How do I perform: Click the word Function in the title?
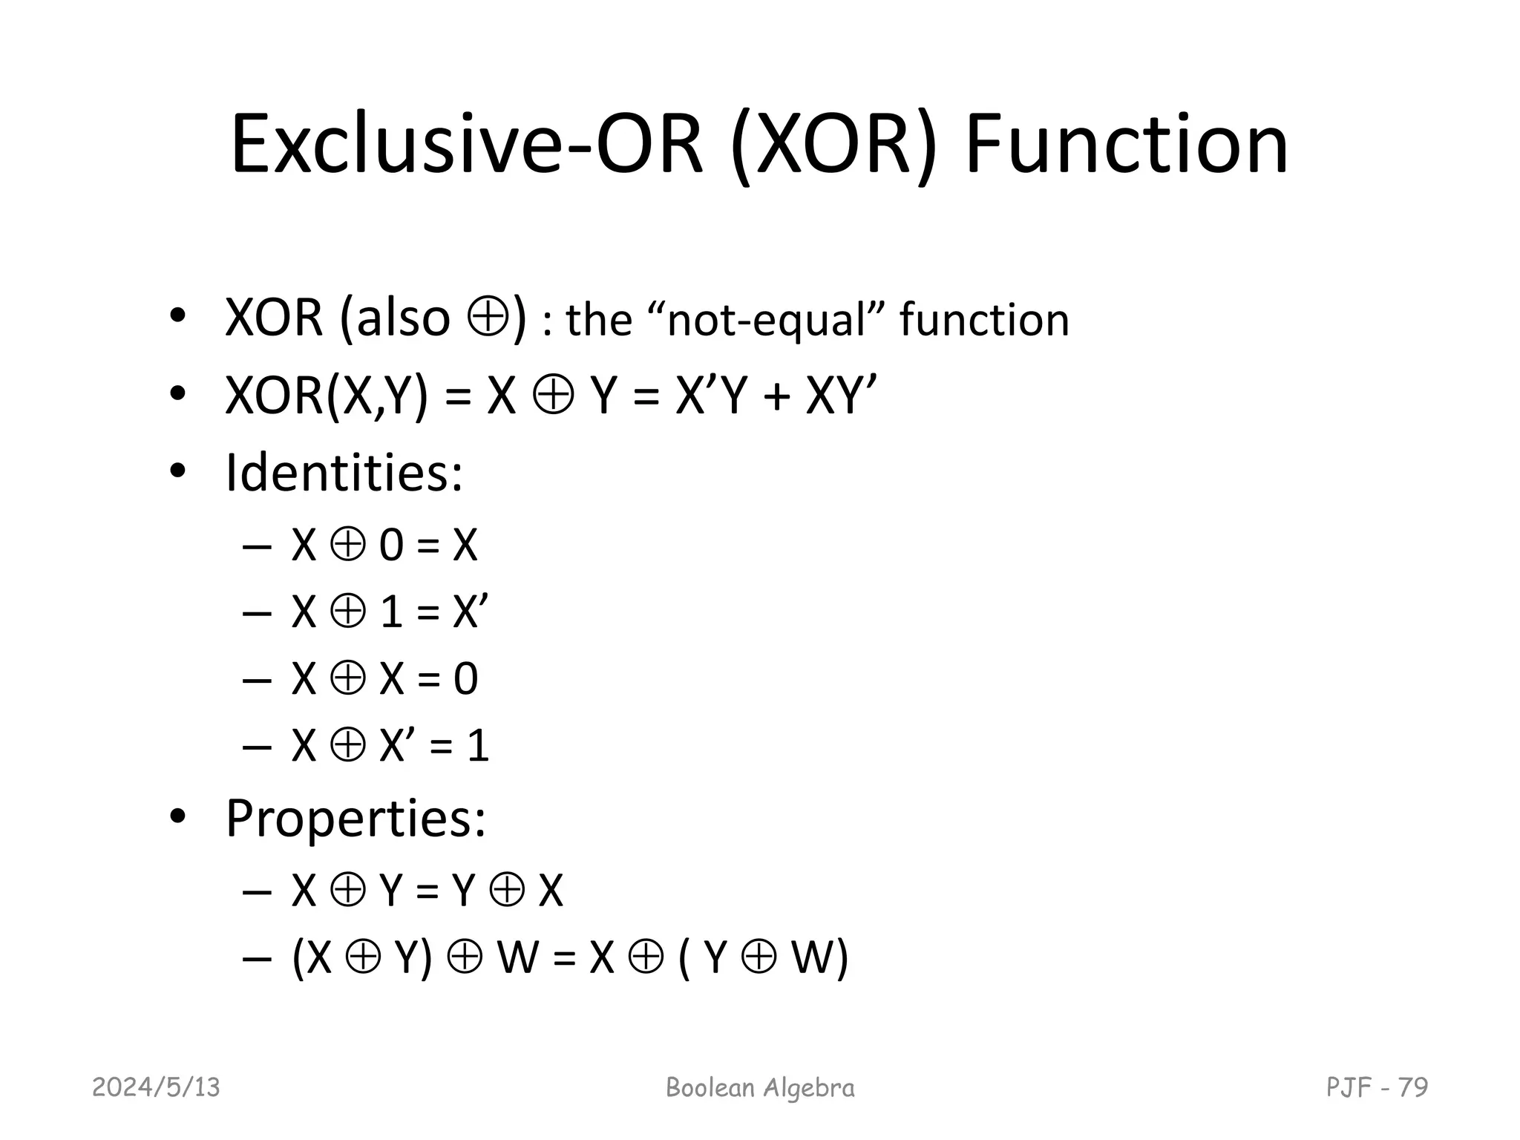tap(1126, 145)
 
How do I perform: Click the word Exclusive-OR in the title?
tap(467, 145)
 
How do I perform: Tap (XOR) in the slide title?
tap(834, 145)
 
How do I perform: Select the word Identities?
tap(344, 472)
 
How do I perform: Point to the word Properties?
tap(356, 818)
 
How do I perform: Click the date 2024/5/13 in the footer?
tap(156, 1087)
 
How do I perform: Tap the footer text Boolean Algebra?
tap(760, 1087)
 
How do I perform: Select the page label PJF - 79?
tap(1377, 1087)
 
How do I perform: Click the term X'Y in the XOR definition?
tap(710, 396)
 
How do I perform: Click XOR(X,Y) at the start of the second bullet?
tap(327, 396)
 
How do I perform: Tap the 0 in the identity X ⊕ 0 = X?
tap(391, 546)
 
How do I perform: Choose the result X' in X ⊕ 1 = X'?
tap(470, 612)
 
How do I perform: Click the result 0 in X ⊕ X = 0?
tap(465, 679)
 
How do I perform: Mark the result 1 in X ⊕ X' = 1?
tap(478, 746)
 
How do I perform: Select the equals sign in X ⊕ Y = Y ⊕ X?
tap(427, 891)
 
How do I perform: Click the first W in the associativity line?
tap(517, 957)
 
